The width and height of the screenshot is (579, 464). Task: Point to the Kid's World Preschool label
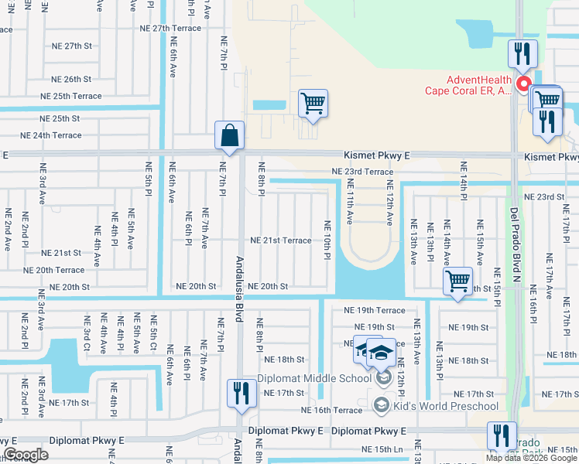tap(446, 406)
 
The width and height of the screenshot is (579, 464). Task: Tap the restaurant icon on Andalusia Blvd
tap(242, 393)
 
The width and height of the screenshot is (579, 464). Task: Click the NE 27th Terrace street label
tap(170, 29)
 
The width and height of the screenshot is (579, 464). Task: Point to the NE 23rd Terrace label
tap(361, 171)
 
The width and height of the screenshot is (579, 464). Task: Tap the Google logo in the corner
tap(26, 455)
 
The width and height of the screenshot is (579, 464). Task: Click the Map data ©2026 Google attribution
tap(531, 458)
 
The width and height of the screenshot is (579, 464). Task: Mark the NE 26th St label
tap(71, 79)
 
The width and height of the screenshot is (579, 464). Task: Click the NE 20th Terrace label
tap(54, 270)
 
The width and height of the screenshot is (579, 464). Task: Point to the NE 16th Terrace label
tap(331, 410)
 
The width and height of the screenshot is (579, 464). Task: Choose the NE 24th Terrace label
tap(51, 135)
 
